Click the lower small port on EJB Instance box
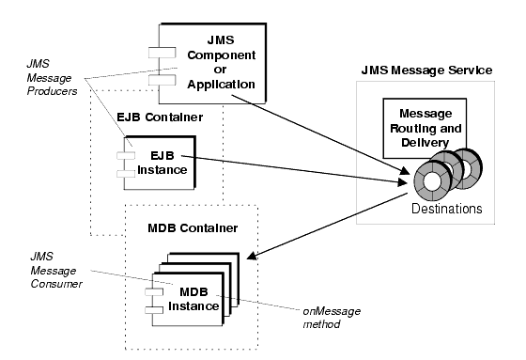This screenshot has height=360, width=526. click(x=120, y=172)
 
